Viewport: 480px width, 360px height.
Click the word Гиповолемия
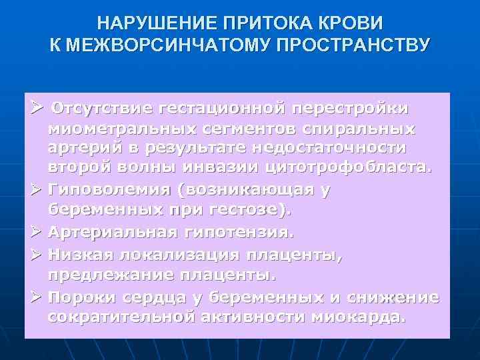pyautogui.click(x=108, y=190)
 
